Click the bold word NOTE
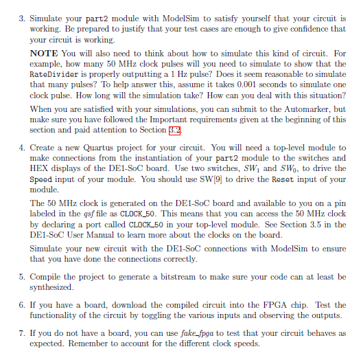tap(43, 52)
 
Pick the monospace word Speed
tap(45, 179)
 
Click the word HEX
tap(43, 170)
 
